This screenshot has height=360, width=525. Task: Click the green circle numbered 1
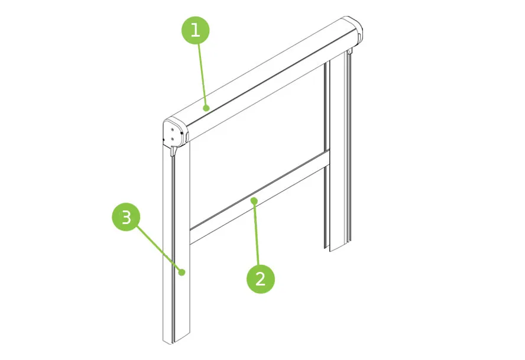point(196,30)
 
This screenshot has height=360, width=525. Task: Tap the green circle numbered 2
point(261,279)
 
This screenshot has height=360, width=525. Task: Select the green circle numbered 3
point(126,217)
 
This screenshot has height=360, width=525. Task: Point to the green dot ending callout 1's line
point(206,108)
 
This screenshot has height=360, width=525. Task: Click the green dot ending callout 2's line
point(254,200)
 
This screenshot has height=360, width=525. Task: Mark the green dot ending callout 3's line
point(182,272)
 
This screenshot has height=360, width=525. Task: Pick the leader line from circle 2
point(257,233)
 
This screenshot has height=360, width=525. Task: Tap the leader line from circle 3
point(158,248)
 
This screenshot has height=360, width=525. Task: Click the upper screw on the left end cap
point(172,129)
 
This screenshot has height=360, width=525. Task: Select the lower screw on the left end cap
point(172,139)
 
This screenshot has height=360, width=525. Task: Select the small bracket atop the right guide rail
point(349,51)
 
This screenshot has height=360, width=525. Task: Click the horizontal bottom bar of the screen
point(260,197)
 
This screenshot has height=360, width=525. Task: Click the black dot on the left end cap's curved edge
point(182,134)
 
